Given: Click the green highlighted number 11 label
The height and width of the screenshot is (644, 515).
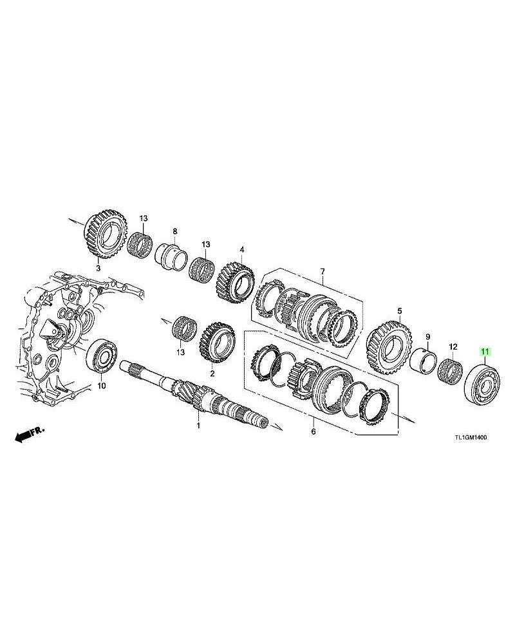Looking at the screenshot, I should (x=484, y=352).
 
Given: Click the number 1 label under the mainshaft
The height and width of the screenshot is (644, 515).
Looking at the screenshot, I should (x=198, y=426).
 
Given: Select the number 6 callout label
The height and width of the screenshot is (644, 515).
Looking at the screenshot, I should (x=314, y=431).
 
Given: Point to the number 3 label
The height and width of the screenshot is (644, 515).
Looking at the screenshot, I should (x=98, y=267).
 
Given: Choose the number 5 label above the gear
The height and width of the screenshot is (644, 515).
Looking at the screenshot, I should (x=398, y=310).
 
